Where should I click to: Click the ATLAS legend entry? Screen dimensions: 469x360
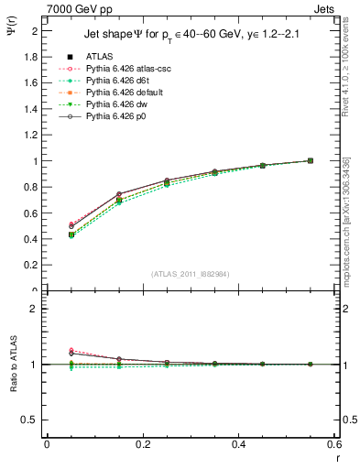click(x=99, y=56)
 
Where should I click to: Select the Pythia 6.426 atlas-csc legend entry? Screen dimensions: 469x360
click(x=124, y=69)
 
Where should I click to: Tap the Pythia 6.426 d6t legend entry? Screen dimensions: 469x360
click(x=116, y=81)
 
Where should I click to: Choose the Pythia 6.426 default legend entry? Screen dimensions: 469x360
click(x=122, y=93)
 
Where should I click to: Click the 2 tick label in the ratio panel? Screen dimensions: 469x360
click(x=36, y=309)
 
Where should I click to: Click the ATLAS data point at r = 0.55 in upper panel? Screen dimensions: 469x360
click(x=310, y=160)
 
